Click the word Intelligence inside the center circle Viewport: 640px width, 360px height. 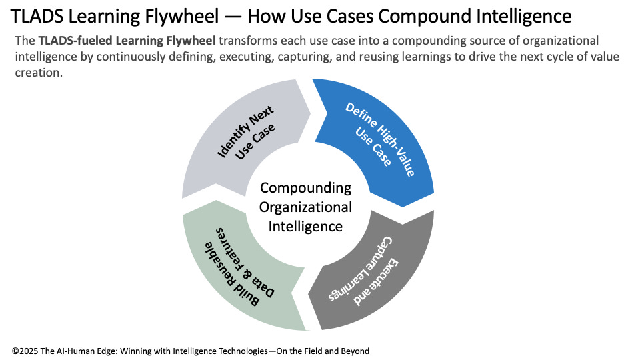tap(305, 227)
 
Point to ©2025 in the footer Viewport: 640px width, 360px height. tap(25, 350)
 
